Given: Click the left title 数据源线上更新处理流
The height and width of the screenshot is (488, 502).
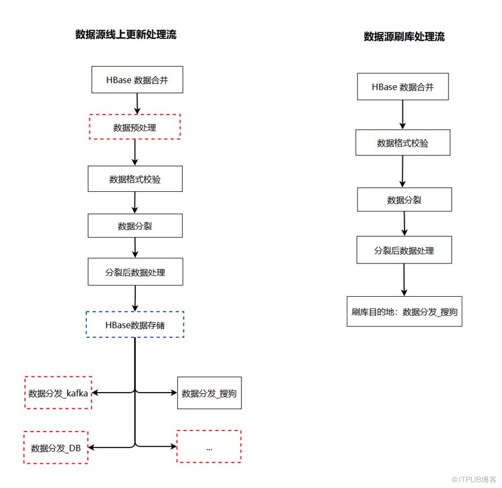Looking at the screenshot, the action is tap(126, 34).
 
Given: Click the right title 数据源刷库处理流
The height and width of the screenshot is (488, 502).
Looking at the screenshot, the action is tap(404, 37).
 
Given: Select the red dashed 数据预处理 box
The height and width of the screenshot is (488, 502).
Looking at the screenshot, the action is tap(135, 127).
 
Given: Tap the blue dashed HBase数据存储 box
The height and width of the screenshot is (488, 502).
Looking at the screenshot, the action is tap(135, 324).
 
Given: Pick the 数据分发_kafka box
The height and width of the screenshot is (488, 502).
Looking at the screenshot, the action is tap(58, 393).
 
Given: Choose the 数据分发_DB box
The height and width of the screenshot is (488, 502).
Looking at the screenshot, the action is tap(56, 447).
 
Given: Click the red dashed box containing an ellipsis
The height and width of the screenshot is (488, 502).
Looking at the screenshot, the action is tap(209, 446).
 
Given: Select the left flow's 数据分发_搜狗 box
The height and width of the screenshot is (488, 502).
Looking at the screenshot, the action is tap(209, 393).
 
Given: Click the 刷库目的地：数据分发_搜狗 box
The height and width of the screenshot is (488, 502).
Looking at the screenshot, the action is tap(404, 311).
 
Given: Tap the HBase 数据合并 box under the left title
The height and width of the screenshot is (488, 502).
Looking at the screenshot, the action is tap(138, 80).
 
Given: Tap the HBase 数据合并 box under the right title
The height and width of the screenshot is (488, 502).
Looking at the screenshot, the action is tap(403, 86).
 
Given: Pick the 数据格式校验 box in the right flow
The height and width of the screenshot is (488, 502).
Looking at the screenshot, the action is tap(403, 143).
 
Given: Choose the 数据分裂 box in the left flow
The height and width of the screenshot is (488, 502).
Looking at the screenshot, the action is tap(135, 226).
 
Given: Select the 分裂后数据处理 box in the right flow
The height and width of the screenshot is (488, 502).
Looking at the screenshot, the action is tap(404, 250).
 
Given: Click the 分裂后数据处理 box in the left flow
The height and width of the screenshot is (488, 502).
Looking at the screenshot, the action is tap(135, 271).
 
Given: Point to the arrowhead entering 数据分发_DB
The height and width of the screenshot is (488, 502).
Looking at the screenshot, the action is tap(91, 447).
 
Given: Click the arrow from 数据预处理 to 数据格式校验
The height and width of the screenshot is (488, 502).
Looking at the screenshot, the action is tap(135, 152).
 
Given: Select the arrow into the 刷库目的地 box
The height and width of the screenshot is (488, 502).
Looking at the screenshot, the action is tap(404, 280).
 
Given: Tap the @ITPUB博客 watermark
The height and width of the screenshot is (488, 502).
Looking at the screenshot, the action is tap(473, 480).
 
